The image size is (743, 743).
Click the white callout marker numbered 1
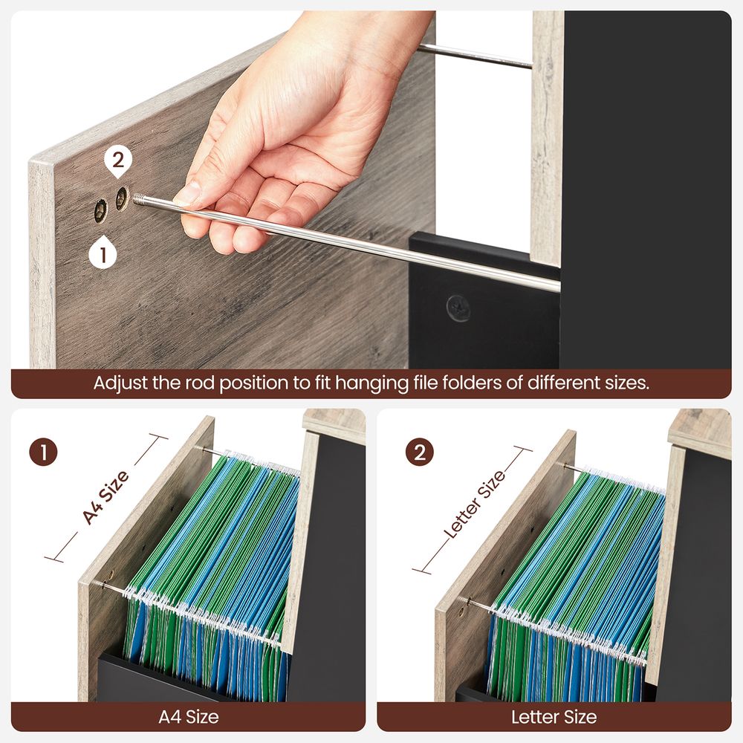103,255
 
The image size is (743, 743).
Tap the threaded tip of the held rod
140,199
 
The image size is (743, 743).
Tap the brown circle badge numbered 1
45,452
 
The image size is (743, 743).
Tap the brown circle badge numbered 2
419,452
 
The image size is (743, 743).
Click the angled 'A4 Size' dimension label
106,496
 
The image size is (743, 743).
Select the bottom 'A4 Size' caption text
189,717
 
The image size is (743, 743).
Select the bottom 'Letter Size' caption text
554,717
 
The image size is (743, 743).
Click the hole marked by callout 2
121,198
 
